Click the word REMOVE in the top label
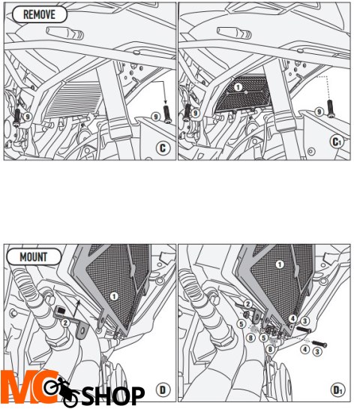39,14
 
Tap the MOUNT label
34,257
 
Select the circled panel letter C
163,149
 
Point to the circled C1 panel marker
337,142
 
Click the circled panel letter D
163,390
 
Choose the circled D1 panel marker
337,390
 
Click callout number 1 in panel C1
238,87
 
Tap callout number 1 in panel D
114,296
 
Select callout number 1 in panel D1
280,265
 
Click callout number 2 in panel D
65,323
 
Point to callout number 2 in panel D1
247,304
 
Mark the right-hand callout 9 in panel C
156,116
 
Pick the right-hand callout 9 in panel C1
319,112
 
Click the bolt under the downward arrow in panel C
167,114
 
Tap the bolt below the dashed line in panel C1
331,109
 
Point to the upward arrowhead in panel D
79,302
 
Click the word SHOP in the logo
113,395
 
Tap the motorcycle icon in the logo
61,391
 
